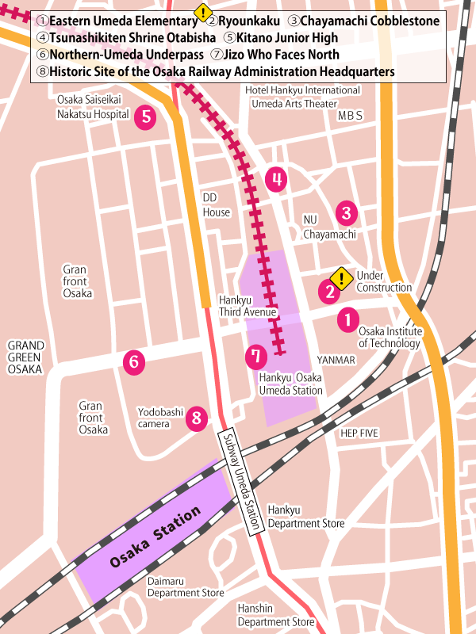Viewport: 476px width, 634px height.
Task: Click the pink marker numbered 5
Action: (144, 117)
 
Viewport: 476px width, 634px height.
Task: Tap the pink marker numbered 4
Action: (276, 180)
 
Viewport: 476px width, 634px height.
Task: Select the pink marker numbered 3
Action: (346, 212)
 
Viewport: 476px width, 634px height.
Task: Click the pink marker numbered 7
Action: (255, 357)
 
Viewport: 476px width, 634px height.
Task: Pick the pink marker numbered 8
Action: (198, 418)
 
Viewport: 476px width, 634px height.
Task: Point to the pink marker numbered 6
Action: (134, 363)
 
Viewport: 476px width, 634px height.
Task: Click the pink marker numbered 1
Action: (347, 320)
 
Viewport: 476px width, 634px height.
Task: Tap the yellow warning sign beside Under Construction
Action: (342, 278)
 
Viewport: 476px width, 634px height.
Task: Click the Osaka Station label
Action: (155, 539)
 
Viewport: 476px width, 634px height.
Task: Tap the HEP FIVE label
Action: (359, 433)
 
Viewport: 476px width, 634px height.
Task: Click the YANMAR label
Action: (336, 360)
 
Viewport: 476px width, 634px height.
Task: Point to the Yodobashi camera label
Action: (160, 418)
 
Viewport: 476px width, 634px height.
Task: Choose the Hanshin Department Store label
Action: (276, 615)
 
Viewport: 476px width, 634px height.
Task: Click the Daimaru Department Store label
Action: (186, 586)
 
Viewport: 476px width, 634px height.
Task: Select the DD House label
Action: (216, 204)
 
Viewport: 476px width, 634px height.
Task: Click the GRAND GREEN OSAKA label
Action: (26, 358)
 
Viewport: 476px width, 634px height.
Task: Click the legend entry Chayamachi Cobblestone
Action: (363, 21)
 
